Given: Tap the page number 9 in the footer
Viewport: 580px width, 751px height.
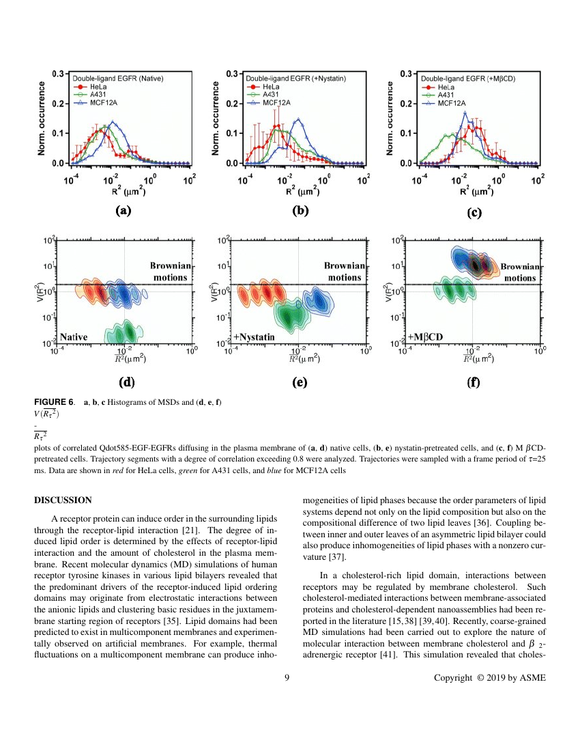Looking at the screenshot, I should pyautogui.click(x=287, y=677).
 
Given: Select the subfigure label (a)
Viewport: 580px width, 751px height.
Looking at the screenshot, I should pyautogui.click(x=124, y=211).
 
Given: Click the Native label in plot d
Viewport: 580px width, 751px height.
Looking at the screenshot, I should pyautogui.click(x=74, y=337).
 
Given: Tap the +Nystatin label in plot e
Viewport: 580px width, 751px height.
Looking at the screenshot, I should pyautogui.click(x=255, y=337).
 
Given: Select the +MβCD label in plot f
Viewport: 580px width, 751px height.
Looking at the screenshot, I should pyautogui.click(x=425, y=337).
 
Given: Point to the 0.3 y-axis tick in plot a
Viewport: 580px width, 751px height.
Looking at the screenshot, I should pyautogui.click(x=59, y=74).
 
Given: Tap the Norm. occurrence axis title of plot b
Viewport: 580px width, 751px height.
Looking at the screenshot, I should pyautogui.click(x=217, y=117).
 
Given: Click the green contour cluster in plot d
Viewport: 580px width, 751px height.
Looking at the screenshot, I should pyautogui.click(x=124, y=332).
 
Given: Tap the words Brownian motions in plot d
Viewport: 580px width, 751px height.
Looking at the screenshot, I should pyautogui.click(x=169, y=271).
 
